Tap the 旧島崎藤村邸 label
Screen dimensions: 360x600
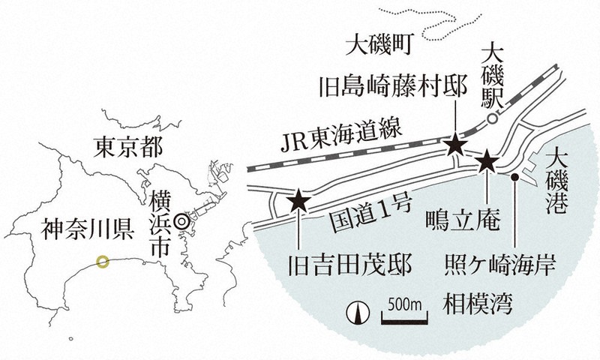(x=392, y=85)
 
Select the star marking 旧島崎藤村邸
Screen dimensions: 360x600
(x=455, y=145)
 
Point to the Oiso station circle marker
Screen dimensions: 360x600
(x=490, y=119)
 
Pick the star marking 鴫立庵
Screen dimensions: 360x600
(x=487, y=159)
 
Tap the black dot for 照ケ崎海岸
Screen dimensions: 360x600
(x=516, y=178)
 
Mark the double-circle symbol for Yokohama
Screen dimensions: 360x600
(x=181, y=222)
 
